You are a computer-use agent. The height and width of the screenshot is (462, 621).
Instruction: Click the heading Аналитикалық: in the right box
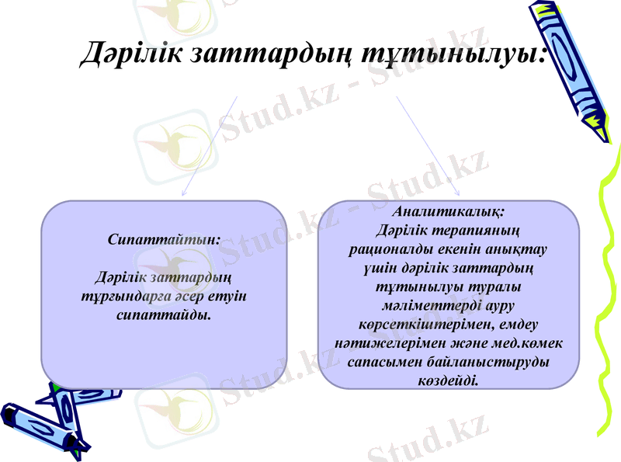tap(449, 211)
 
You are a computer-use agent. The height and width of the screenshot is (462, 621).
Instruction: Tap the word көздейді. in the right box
tap(449, 381)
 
